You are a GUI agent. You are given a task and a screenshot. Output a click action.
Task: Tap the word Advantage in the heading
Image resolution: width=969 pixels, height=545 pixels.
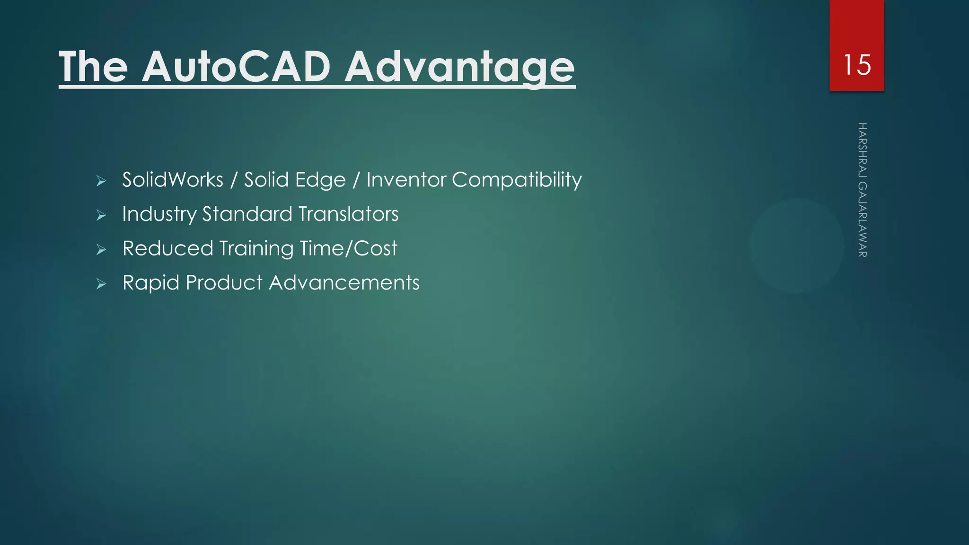click(459, 67)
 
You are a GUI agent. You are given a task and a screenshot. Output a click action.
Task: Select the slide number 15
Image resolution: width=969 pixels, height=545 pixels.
click(856, 65)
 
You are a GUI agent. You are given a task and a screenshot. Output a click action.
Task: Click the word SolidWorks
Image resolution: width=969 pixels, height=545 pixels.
click(173, 180)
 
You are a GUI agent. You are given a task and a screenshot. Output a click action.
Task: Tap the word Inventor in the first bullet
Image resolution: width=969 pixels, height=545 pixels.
click(406, 180)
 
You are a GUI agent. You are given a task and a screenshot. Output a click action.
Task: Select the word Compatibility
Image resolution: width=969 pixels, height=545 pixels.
click(517, 180)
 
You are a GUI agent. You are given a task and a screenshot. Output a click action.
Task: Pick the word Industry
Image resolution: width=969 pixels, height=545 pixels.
click(159, 214)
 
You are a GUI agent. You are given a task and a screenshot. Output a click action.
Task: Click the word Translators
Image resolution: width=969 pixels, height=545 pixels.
click(348, 214)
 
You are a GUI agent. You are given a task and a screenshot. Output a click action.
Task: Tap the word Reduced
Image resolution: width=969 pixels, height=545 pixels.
click(168, 248)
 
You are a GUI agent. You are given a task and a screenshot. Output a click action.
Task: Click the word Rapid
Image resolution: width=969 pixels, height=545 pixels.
click(151, 283)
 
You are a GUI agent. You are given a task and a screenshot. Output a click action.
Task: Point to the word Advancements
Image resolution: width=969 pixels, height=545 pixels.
click(344, 283)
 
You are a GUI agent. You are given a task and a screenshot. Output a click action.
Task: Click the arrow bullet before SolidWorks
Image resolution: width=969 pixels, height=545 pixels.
click(101, 181)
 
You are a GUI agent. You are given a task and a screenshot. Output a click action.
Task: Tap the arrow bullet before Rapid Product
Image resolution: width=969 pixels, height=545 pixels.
click(101, 284)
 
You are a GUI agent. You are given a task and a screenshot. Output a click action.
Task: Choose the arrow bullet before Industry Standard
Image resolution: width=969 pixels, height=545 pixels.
click(101, 215)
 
